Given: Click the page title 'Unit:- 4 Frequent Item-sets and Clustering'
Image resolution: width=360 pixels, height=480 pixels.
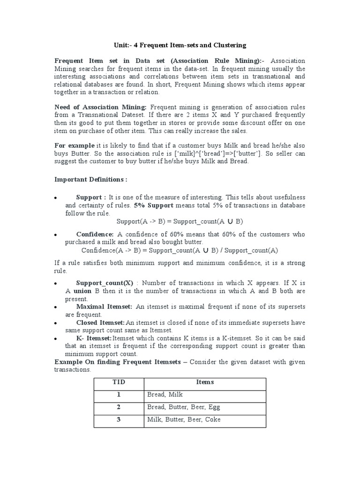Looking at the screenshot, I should click(180, 45).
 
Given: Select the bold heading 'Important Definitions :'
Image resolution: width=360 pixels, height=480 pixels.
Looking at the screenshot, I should click(90, 180).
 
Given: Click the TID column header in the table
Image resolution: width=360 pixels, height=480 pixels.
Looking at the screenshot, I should click(119, 382).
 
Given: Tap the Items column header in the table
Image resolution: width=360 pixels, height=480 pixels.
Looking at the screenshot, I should click(204, 382).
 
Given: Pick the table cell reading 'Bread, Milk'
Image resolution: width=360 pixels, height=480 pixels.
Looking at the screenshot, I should click(165, 395).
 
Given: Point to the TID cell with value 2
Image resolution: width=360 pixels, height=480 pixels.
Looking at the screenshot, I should click(119, 407).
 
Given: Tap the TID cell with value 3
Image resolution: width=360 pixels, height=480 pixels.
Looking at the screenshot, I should click(119, 420).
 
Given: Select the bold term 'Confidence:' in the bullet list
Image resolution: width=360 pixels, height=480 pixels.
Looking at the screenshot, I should click(95, 234).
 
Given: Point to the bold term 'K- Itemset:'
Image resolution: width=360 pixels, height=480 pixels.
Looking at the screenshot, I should click(94, 338).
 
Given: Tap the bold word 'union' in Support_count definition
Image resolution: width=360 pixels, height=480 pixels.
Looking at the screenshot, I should click(82, 291).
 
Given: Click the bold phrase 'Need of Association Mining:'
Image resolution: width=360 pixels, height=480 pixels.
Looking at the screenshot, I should click(101, 107).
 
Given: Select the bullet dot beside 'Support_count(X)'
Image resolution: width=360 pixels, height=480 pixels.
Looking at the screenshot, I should click(56, 284).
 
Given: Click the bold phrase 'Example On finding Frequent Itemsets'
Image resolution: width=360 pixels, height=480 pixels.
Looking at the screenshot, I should click(117, 362).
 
